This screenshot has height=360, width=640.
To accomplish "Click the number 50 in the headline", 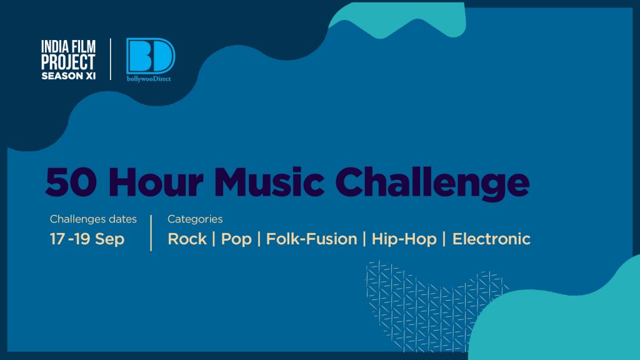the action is click(x=71, y=182).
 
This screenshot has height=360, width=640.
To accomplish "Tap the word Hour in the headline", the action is click(x=156, y=181).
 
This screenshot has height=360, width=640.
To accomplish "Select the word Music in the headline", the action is click(x=269, y=181).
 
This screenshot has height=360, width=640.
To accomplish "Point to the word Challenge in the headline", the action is click(x=432, y=183).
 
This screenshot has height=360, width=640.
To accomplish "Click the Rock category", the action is click(x=187, y=239).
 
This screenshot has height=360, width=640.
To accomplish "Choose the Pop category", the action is click(x=236, y=239).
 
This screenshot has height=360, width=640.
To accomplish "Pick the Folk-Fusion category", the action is click(x=311, y=239).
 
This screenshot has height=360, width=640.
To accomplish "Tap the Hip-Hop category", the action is click(x=404, y=239).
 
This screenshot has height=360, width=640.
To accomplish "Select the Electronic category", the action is click(x=491, y=239).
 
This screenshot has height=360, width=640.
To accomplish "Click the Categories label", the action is click(x=195, y=219).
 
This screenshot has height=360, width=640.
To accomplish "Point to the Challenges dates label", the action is click(x=93, y=219).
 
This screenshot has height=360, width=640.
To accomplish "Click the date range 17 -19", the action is click(x=70, y=239).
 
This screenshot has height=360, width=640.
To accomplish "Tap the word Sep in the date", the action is click(x=110, y=239).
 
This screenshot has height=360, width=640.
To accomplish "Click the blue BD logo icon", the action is click(x=151, y=56).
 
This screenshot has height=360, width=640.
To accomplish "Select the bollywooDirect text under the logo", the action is click(x=149, y=79).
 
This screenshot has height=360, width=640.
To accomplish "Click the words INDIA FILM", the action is click(x=68, y=46).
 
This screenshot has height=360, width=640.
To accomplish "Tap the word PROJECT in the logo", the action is click(x=68, y=62).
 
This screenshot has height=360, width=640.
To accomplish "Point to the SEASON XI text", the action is click(x=68, y=76).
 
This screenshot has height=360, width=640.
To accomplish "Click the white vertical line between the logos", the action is click(x=111, y=59).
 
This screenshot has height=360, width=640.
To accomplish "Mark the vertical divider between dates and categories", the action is click(x=151, y=232).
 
